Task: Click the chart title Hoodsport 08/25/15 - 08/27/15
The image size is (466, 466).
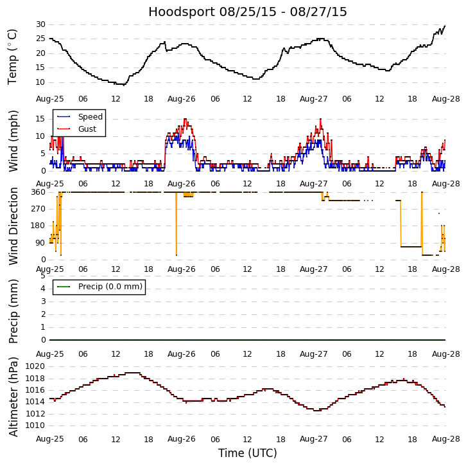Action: click(x=248, y=12)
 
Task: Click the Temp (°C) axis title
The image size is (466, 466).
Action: click(x=13, y=57)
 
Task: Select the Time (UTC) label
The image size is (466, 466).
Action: click(x=248, y=453)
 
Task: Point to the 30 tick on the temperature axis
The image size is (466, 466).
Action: click(x=40, y=24)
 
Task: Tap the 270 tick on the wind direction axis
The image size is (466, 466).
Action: click(x=38, y=209)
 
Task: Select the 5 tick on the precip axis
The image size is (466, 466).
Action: click(x=42, y=276)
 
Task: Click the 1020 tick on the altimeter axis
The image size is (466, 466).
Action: click(x=35, y=366)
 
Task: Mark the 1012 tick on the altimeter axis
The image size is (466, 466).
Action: click(x=35, y=414)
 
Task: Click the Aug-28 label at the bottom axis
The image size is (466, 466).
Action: click(x=445, y=439)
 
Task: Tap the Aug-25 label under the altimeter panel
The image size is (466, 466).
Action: click(x=50, y=439)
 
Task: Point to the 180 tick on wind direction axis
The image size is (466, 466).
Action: click(x=38, y=226)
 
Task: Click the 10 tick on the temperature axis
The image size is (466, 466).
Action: click(x=40, y=82)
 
